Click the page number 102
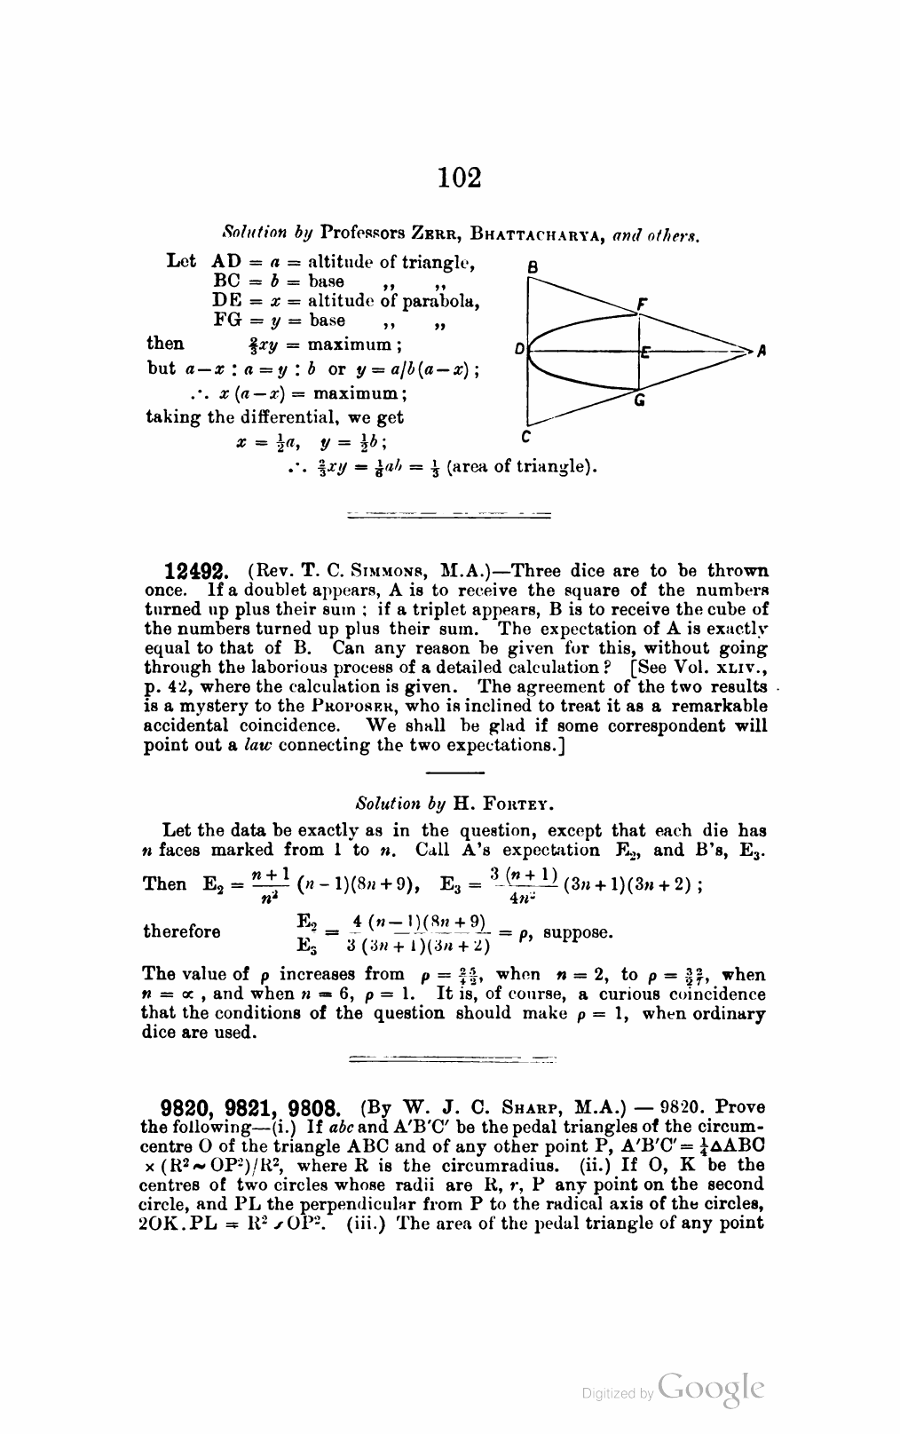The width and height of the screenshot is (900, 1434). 460,177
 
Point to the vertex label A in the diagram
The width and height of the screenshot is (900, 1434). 761,352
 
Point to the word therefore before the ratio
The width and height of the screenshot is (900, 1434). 182,931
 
